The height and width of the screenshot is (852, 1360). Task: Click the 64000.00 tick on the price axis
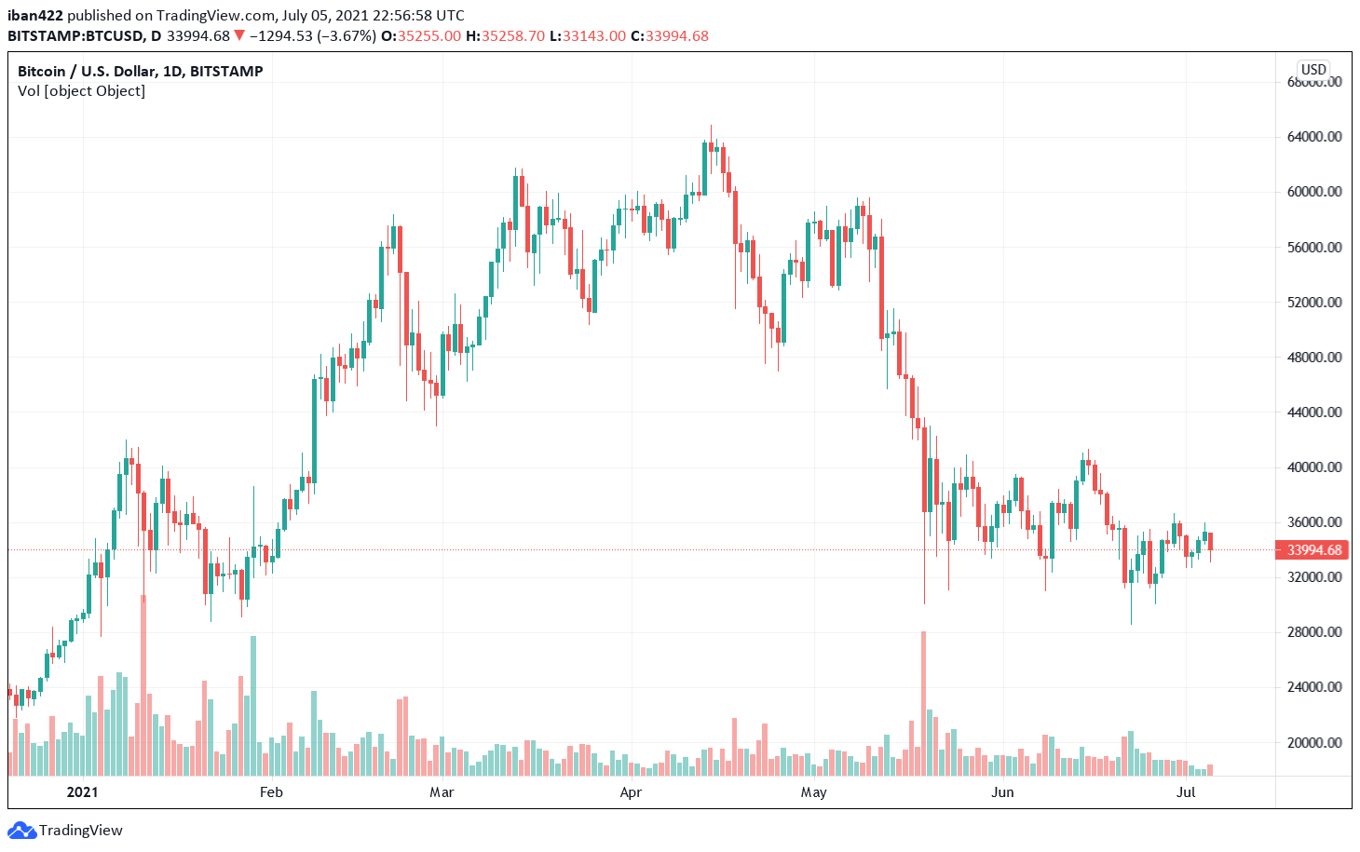pyautogui.click(x=1314, y=137)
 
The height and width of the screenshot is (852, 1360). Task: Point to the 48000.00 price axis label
pyautogui.click(x=1314, y=358)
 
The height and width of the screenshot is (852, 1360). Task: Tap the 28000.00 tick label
pyautogui.click(x=1314, y=632)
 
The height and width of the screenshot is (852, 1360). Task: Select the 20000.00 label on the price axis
pyautogui.click(x=1314, y=743)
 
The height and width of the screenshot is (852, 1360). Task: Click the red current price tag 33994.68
pyautogui.click(x=1313, y=550)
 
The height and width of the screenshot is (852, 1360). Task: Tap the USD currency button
pyautogui.click(x=1313, y=70)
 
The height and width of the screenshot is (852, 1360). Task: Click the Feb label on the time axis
pyautogui.click(x=271, y=792)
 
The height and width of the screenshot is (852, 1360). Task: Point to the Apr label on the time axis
pyautogui.click(x=631, y=792)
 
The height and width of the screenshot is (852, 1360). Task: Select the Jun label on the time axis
pyautogui.click(x=1002, y=792)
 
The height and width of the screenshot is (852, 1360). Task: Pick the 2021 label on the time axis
pyautogui.click(x=82, y=792)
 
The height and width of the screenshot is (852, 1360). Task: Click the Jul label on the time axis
pyautogui.click(x=1186, y=792)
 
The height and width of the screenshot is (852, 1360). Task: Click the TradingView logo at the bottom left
pyautogui.click(x=66, y=831)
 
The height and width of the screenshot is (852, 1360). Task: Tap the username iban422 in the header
pyautogui.click(x=35, y=16)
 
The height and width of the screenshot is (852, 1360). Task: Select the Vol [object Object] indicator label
pyautogui.click(x=82, y=91)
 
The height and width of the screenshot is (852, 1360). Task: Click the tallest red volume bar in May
pyautogui.click(x=923, y=703)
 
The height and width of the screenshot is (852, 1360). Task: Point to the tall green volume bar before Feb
pyautogui.click(x=253, y=705)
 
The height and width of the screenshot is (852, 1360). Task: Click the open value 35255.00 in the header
pyautogui.click(x=428, y=36)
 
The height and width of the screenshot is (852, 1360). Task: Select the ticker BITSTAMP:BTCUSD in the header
pyautogui.click(x=75, y=36)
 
